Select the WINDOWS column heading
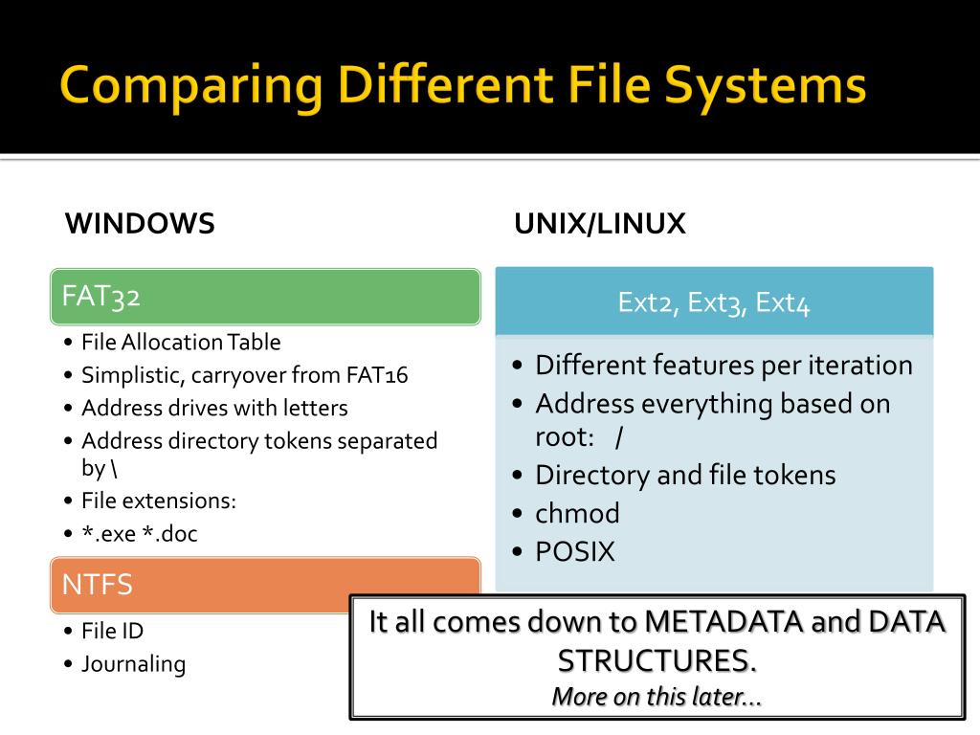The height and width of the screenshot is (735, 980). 140,224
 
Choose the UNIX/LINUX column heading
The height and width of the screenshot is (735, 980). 600,224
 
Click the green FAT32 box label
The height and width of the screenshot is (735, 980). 101,297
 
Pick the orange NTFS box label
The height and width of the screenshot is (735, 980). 98,585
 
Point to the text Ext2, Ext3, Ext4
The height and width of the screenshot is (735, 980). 714,303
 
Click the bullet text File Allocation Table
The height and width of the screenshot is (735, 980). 181,342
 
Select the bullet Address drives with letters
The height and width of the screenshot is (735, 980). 214,408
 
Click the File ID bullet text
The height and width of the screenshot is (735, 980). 113,631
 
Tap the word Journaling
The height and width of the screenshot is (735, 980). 133,664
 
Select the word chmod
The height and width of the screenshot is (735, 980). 577,514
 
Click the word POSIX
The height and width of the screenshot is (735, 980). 575,552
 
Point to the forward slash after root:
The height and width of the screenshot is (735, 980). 620,437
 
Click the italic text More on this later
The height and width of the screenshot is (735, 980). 657,698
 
